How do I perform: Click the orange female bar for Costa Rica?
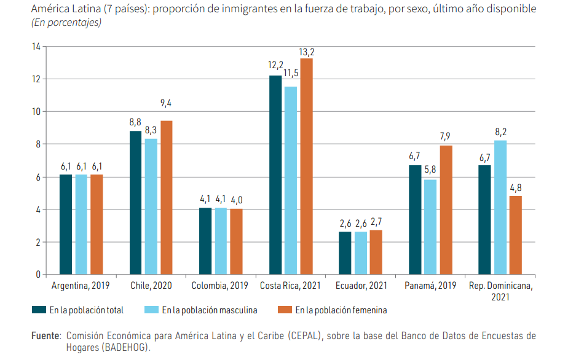[306, 166]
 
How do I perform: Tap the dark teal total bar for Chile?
[135, 203]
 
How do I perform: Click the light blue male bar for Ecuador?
[360, 253]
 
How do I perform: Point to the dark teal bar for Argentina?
[66, 225]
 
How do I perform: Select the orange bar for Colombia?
[236, 241]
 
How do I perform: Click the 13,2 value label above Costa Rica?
[307, 52]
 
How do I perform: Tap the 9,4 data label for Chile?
[167, 103]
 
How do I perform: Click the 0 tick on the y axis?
[37, 275]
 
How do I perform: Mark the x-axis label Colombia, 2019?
[219, 286]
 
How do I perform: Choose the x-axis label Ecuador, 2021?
[361, 286]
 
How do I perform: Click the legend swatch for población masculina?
[151, 310]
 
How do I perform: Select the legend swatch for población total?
[39, 310]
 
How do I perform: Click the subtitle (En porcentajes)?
[66, 23]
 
